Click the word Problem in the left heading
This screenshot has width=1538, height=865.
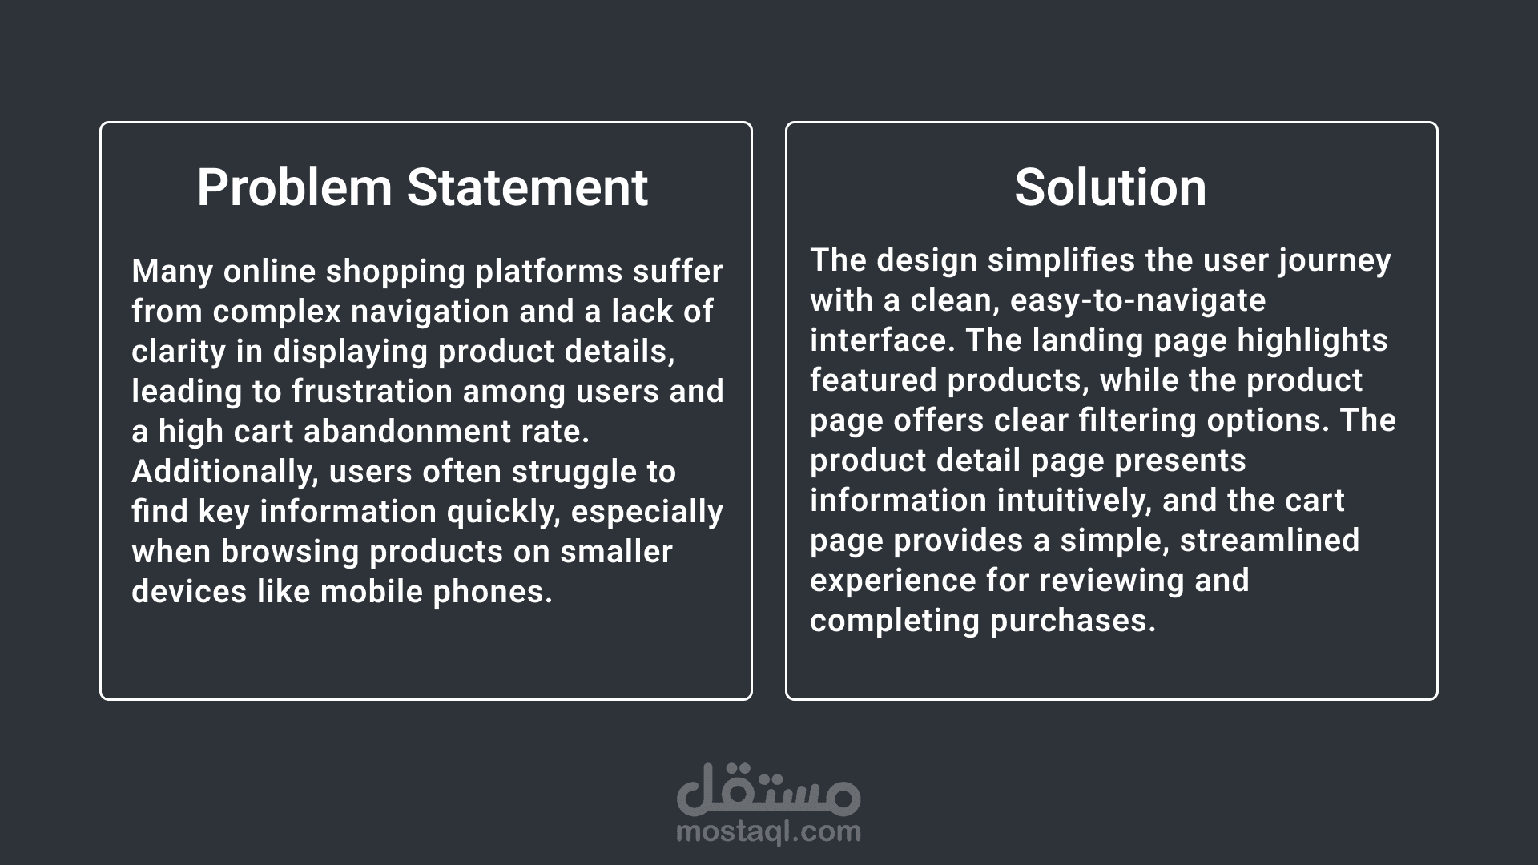[x=294, y=187]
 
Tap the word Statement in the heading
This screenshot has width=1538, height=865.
[x=527, y=187]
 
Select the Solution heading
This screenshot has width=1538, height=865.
[x=1110, y=187]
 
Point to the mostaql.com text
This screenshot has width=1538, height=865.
[x=769, y=831]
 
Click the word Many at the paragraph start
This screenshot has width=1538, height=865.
[x=172, y=272]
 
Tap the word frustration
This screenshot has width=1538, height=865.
[x=372, y=392]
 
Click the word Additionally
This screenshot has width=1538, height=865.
[x=222, y=473]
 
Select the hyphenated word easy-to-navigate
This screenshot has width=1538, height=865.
[x=1138, y=301]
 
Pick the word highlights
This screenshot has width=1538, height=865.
[x=1313, y=341]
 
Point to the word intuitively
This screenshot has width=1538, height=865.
[x=1074, y=501]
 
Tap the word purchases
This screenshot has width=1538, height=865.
[x=1073, y=622]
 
